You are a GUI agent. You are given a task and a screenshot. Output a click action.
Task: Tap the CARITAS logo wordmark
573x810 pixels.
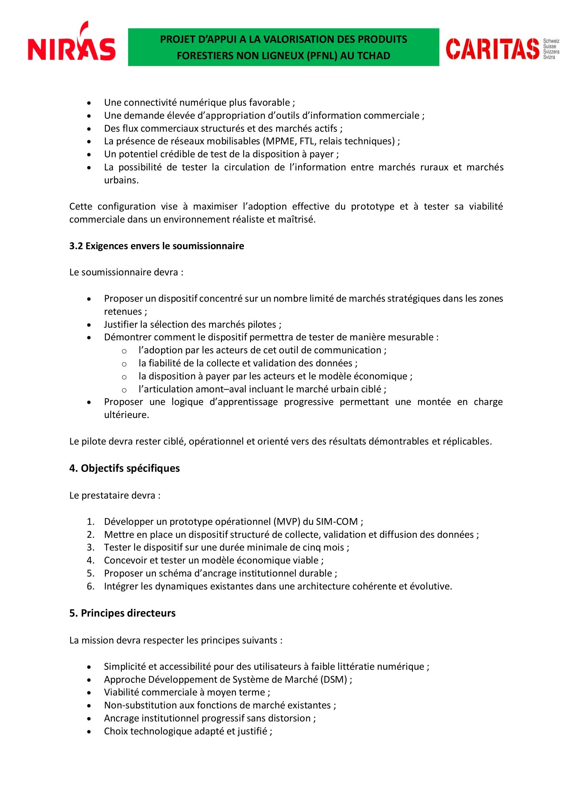493,49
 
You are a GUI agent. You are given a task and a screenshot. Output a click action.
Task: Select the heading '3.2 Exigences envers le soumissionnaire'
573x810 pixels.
156,246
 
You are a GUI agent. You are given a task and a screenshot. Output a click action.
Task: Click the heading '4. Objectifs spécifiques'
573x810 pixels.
125,468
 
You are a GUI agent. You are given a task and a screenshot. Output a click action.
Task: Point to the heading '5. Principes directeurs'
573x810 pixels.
122,613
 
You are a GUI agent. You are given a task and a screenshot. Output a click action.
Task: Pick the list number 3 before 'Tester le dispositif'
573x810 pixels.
91,547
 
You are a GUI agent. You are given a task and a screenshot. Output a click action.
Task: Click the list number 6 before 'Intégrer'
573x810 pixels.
91,586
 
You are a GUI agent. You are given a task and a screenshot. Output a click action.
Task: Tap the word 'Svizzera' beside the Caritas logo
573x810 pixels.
551,52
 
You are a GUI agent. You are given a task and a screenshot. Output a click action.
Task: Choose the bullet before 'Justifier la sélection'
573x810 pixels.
90,324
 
